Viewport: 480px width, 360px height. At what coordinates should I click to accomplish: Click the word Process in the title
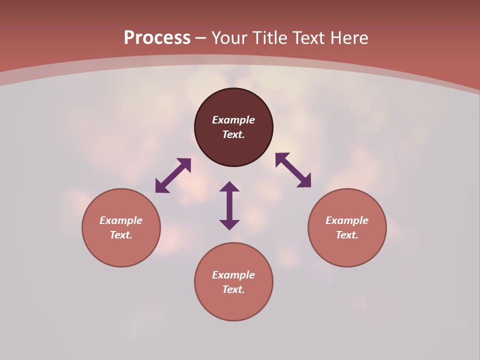click(x=157, y=38)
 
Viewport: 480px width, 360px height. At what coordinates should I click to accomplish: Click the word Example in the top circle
click(x=233, y=120)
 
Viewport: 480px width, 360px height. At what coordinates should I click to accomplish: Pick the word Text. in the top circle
click(x=233, y=134)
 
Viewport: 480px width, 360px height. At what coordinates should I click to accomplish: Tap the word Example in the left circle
click(x=121, y=220)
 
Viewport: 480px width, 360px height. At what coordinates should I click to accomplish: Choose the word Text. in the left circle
click(x=121, y=235)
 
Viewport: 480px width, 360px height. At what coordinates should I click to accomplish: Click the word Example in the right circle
click(x=347, y=220)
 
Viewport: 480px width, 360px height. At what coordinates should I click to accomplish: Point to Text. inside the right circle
click(x=347, y=235)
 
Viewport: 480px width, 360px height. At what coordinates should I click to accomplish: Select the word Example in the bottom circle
click(x=233, y=275)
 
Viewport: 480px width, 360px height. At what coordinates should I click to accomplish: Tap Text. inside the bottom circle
click(x=233, y=289)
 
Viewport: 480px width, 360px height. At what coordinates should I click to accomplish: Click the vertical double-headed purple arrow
click(x=229, y=205)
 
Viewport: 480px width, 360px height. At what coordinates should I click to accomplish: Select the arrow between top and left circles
click(x=173, y=175)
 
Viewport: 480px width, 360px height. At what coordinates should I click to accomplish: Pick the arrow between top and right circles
click(x=293, y=170)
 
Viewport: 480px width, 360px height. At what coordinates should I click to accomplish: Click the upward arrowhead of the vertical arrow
click(x=229, y=186)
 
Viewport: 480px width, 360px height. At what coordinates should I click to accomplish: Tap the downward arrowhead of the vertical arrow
click(x=229, y=225)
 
